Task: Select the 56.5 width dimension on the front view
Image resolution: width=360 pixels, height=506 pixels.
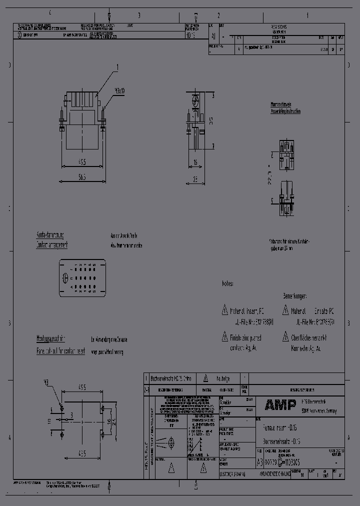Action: pos(82,176)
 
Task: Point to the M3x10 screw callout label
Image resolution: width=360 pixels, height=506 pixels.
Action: pos(119,91)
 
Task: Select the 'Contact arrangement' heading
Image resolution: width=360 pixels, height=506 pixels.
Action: pos(51,244)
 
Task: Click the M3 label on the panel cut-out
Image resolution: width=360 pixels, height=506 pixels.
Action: pos(46,382)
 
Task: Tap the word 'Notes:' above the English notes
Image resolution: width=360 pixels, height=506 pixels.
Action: pos(228,283)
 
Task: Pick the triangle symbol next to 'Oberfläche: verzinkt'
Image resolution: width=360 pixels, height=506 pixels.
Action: pos(285,336)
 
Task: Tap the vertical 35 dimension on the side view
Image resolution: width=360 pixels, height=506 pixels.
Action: pos(211,120)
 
